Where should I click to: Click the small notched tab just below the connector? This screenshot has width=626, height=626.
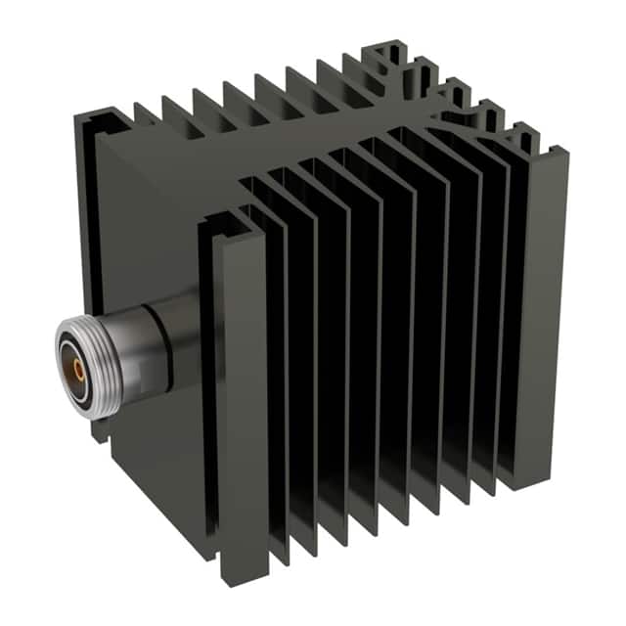click(100, 430)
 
